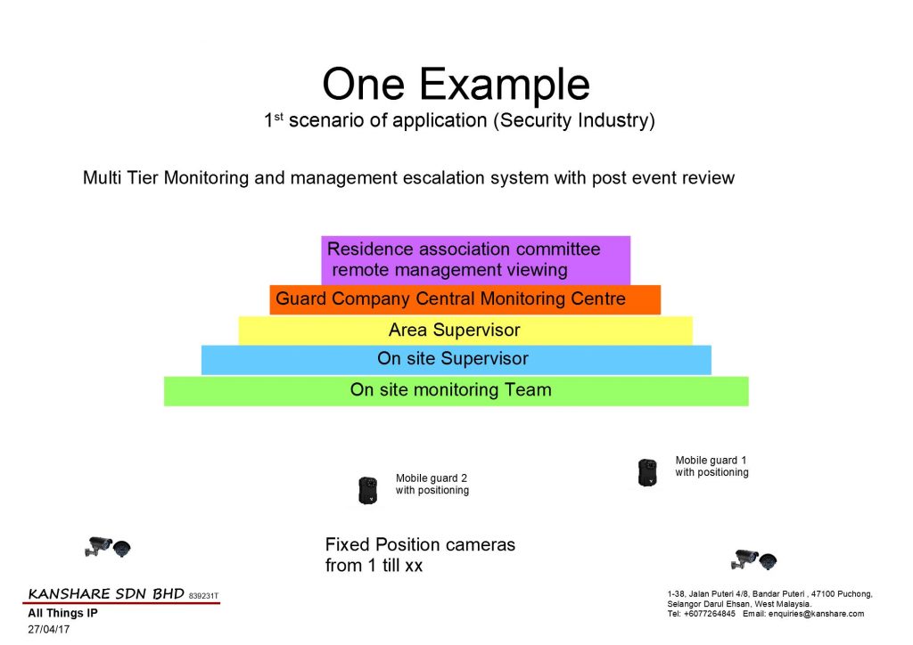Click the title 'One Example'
pyautogui.click(x=456, y=85)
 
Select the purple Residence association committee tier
pyautogui.click(x=476, y=260)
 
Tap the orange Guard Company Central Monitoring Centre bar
pyautogui.click(x=465, y=299)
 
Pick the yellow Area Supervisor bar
pyautogui.click(x=465, y=331)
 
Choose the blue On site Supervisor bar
pyautogui.click(x=456, y=359)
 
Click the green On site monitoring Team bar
pyautogui.click(x=456, y=391)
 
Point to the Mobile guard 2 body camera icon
pyautogui.click(x=367, y=490)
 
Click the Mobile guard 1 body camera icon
pyautogui.click(x=647, y=471)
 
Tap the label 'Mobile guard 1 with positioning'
pyautogui.click(x=711, y=467)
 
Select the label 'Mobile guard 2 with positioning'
pyautogui.click(x=432, y=485)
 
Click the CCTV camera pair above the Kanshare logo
pyautogui.click(x=108, y=547)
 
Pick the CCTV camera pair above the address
pyautogui.click(x=754, y=559)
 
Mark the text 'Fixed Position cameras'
pyautogui.click(x=420, y=545)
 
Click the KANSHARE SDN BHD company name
pyautogui.click(x=106, y=594)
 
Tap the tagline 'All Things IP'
pyautogui.click(x=63, y=613)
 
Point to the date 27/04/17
pyautogui.click(x=49, y=629)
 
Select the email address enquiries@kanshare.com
pyautogui.click(x=816, y=614)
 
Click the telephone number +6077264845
pyautogui.click(x=709, y=614)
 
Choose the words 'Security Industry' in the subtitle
pyautogui.click(x=575, y=120)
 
